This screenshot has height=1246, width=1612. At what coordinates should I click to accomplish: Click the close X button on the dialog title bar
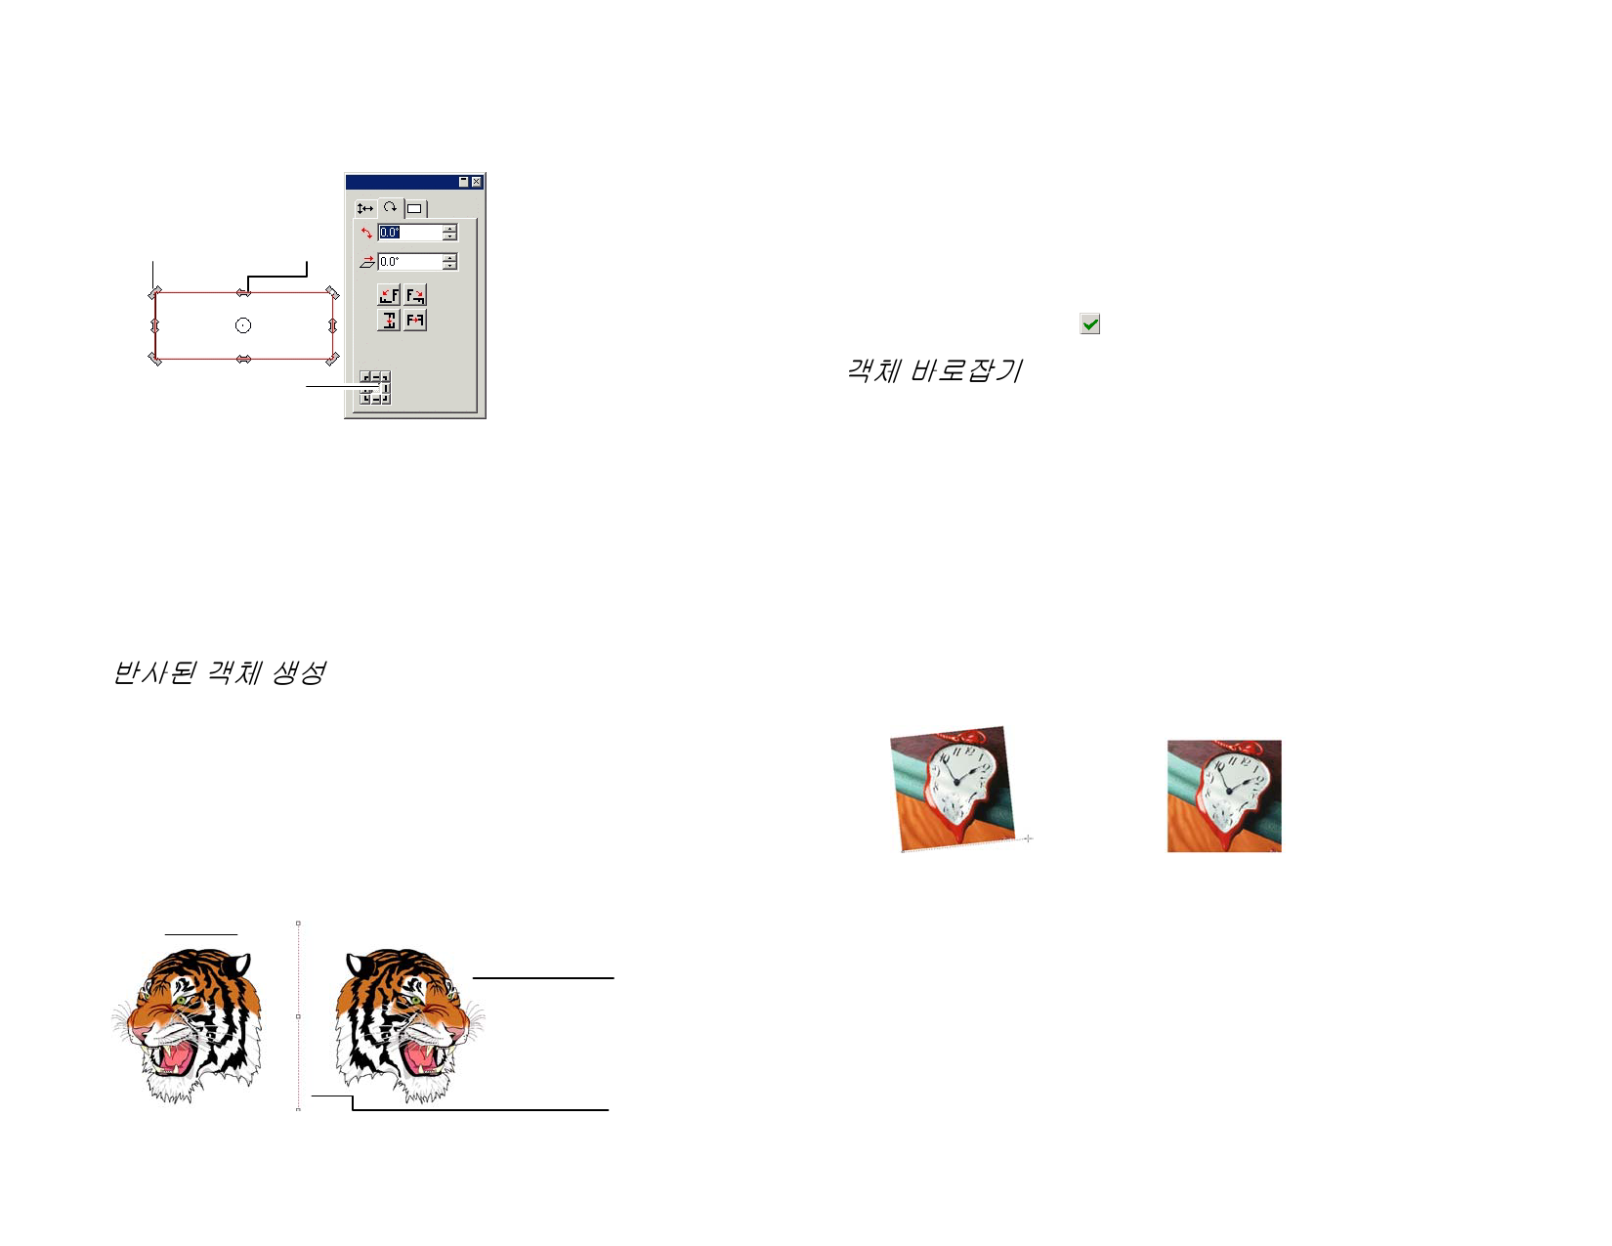click(x=476, y=182)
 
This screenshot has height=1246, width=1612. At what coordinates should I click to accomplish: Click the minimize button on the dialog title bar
click(x=464, y=182)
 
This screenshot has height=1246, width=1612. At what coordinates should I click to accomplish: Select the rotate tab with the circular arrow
click(x=390, y=207)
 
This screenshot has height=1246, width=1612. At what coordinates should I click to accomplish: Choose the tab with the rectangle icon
click(x=414, y=208)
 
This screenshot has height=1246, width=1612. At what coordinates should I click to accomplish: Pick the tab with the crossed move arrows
click(x=365, y=208)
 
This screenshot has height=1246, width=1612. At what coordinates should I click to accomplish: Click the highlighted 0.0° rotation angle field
click(x=410, y=233)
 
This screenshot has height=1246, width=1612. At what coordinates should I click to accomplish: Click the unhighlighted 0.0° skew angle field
click(x=410, y=261)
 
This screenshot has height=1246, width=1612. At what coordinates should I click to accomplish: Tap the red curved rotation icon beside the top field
click(x=365, y=233)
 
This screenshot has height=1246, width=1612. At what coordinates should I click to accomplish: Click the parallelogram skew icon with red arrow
click(x=367, y=261)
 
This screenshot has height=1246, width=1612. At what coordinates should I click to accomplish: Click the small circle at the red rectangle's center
click(x=242, y=325)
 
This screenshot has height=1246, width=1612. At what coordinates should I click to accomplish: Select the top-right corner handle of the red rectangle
click(x=331, y=292)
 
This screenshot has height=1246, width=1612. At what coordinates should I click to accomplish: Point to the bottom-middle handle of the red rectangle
click(x=243, y=360)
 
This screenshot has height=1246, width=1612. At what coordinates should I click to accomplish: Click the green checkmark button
click(x=1089, y=324)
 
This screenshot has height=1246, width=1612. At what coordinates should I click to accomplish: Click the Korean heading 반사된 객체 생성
click(x=220, y=672)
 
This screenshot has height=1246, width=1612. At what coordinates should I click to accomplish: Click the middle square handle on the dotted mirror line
click(x=298, y=1016)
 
